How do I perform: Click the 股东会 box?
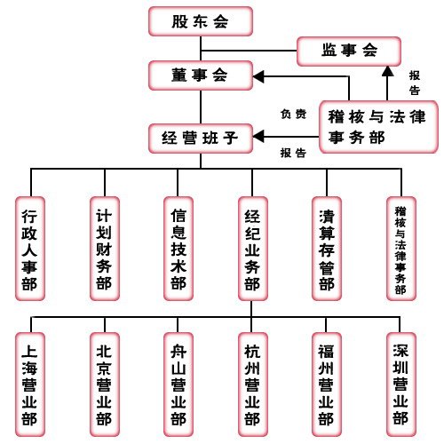click(x=201, y=21)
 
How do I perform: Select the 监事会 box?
click(x=349, y=52)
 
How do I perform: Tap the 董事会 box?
click(x=201, y=75)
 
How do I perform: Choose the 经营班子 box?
click(x=201, y=139)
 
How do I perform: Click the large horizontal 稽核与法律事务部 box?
click(x=378, y=127)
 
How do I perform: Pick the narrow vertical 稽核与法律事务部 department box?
click(x=401, y=249)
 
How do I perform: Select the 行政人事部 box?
click(x=30, y=249)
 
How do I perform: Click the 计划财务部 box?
click(x=105, y=249)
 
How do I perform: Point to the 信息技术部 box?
click(x=178, y=249)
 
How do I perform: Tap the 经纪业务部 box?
click(x=253, y=249)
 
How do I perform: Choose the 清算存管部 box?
click(x=327, y=249)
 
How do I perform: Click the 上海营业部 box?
click(x=30, y=385)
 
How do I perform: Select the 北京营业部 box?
click(x=105, y=385)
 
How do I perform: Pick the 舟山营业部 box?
click(x=178, y=385)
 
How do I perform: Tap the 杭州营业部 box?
click(x=253, y=385)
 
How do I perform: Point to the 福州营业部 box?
click(x=327, y=385)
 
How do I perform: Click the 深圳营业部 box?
click(x=401, y=385)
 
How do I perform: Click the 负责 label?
click(x=293, y=114)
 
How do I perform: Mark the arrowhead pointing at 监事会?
click(x=387, y=71)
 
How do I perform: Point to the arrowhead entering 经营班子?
click(x=258, y=137)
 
